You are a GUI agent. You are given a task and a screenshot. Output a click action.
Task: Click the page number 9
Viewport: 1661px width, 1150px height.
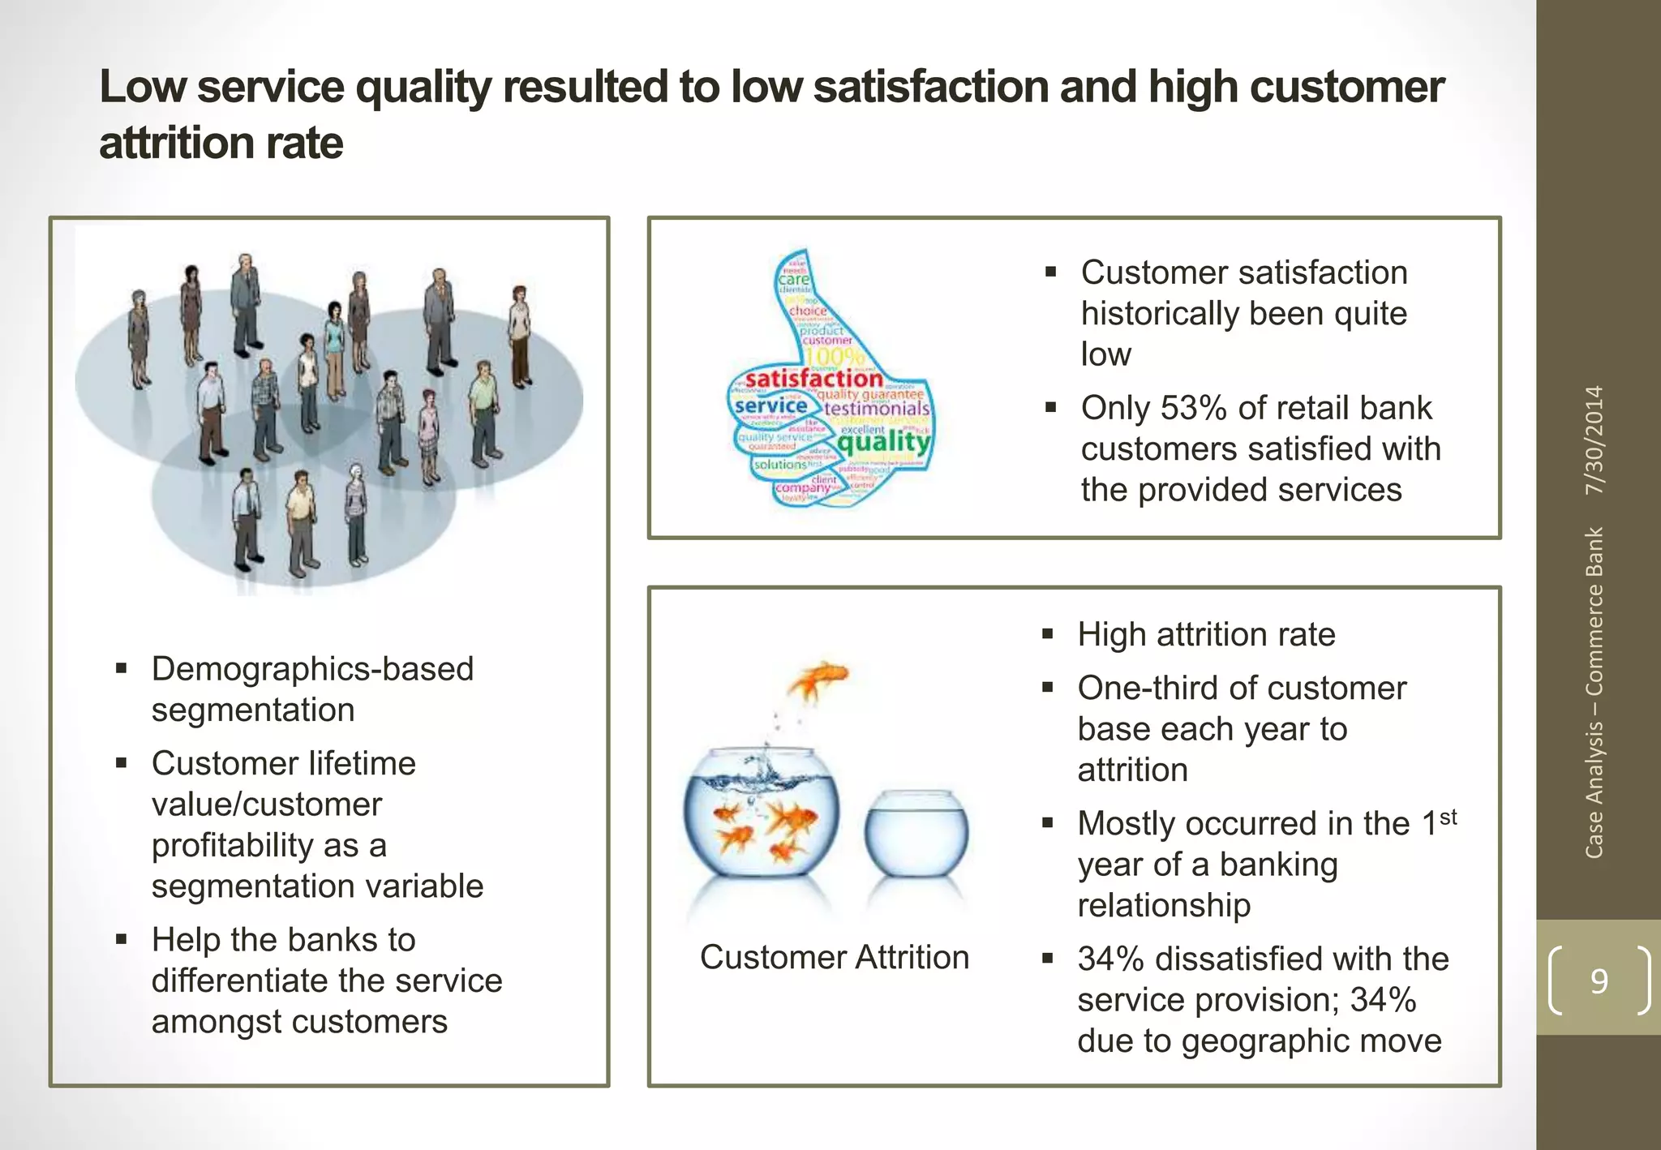coord(1599,981)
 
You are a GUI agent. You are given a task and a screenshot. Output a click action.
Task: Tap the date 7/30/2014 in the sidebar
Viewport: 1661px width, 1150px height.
coord(1594,440)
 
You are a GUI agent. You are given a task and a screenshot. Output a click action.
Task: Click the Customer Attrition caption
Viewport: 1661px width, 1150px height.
coord(834,958)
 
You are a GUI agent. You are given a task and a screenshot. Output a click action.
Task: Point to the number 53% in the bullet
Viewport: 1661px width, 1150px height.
coord(1193,408)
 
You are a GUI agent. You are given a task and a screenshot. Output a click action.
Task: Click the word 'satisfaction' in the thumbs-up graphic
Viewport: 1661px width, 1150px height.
coord(813,379)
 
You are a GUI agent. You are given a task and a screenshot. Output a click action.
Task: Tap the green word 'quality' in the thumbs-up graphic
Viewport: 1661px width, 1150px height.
coord(883,442)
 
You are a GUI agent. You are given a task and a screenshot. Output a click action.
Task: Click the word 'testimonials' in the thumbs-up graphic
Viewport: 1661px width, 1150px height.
coord(877,408)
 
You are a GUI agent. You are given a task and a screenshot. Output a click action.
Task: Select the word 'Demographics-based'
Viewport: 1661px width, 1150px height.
coord(312,669)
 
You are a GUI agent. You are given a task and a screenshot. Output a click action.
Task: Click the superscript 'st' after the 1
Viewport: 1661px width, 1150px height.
coord(1449,817)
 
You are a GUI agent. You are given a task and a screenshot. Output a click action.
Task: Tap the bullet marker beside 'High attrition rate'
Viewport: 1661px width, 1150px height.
coord(1048,634)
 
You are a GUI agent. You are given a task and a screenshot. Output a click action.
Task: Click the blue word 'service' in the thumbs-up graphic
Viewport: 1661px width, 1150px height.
coord(770,405)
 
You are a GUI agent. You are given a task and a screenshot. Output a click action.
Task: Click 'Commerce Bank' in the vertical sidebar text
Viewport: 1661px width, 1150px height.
coord(1594,611)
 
